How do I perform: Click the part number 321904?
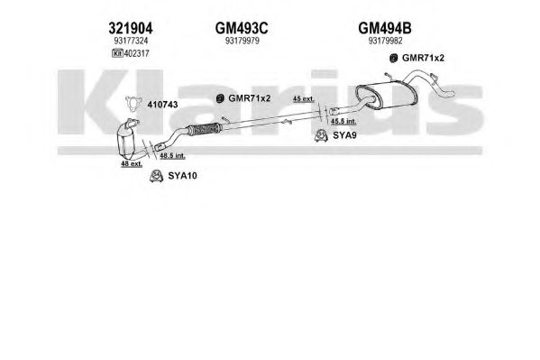click(131, 28)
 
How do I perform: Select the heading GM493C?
click(242, 28)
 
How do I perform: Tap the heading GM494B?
click(385, 28)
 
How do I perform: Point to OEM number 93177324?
click(131, 41)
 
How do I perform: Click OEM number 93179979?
click(243, 41)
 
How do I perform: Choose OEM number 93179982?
click(385, 41)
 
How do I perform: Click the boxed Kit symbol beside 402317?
click(117, 53)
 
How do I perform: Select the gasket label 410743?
click(162, 105)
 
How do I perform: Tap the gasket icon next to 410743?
click(133, 104)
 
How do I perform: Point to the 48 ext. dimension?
click(132, 164)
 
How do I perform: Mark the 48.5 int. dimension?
click(172, 156)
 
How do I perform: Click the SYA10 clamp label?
click(182, 176)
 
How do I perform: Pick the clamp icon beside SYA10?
click(156, 176)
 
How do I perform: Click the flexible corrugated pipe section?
click(203, 129)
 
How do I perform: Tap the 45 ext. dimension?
click(304, 98)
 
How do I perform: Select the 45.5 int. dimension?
click(343, 121)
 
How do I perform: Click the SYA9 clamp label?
click(344, 135)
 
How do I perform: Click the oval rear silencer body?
click(386, 94)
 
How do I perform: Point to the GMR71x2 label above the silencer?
click(423, 58)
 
